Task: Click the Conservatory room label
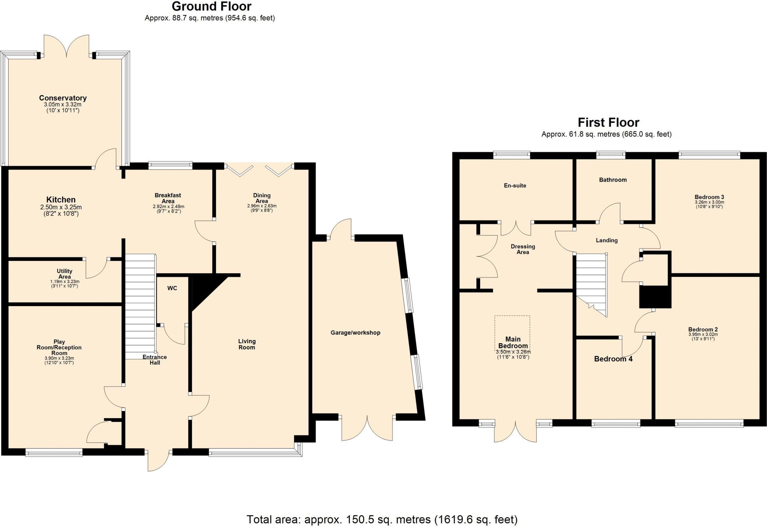click(63, 98)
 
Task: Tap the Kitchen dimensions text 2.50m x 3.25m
click(61, 207)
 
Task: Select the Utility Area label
click(64, 274)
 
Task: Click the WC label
click(172, 288)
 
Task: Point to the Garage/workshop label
click(355, 333)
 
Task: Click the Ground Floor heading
click(212, 6)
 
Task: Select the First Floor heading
click(608, 122)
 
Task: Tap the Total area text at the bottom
click(382, 520)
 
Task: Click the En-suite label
click(515, 186)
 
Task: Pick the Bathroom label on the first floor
click(613, 180)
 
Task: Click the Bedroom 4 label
click(613, 359)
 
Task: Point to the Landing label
click(607, 240)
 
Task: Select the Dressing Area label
click(523, 249)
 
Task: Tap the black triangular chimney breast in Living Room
click(202, 288)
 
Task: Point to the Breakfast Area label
click(168, 198)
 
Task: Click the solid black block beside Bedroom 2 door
click(655, 297)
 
